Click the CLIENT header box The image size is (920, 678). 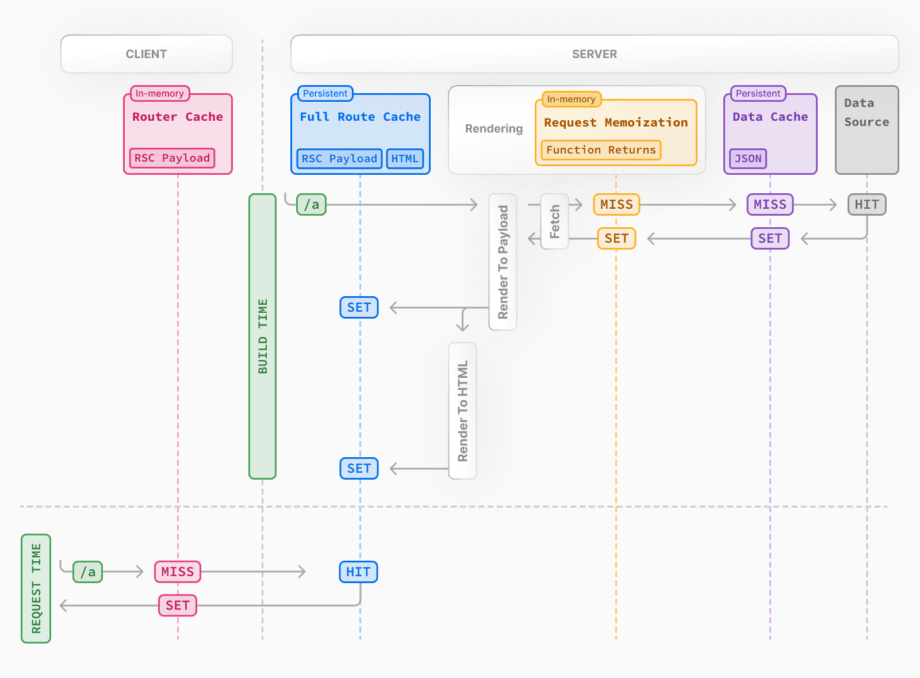tap(146, 54)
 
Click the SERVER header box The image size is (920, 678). tap(594, 54)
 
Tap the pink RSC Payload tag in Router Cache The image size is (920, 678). tap(172, 158)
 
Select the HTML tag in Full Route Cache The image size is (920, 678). tap(405, 159)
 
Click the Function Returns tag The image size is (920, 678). tap(601, 150)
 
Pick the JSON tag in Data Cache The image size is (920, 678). tap(747, 159)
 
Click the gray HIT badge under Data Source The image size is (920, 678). tap(867, 205)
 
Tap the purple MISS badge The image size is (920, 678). tap(770, 205)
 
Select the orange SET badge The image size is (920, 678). tap(616, 238)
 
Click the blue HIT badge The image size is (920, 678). tap(358, 572)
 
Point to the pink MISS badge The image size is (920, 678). tap(178, 572)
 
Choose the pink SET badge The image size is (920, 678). tap(178, 606)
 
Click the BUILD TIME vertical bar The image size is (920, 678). tap(263, 336)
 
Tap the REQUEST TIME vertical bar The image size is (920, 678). tap(36, 588)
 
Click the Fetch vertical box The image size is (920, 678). tap(555, 221)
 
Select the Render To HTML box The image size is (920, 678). tap(463, 411)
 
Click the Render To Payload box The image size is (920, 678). tap(503, 262)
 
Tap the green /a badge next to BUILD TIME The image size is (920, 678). tap(311, 205)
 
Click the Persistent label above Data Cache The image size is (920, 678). tap(758, 93)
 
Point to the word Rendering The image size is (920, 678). tap(494, 129)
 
